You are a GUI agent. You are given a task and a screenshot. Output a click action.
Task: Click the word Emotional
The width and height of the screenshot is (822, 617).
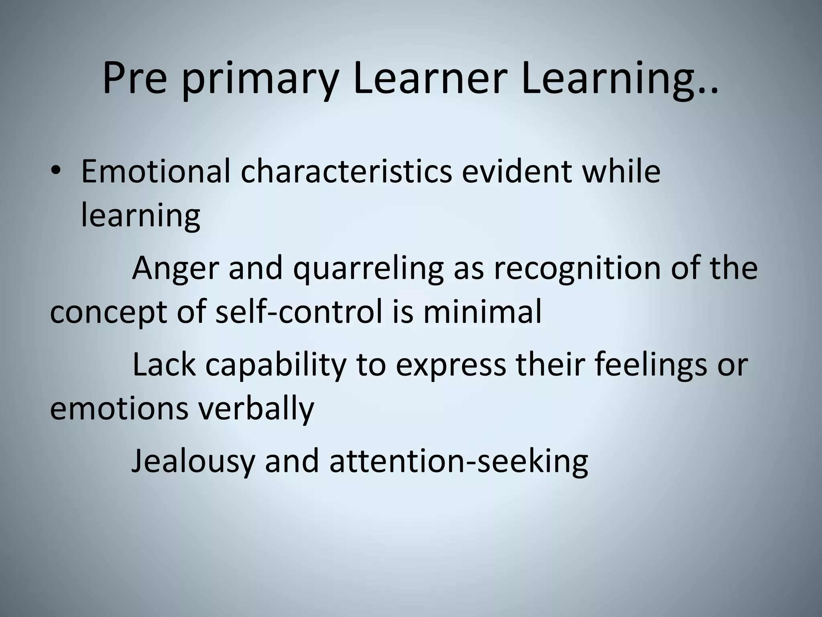[156, 171]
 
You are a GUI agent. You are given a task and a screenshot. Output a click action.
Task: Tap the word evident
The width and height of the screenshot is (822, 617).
[516, 171]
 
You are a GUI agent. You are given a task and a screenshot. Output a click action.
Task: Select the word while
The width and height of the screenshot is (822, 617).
[621, 171]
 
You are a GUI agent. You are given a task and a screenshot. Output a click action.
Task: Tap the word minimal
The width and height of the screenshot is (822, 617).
[482, 312]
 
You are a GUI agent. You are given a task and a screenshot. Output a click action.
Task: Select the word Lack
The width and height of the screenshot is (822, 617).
[164, 365]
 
